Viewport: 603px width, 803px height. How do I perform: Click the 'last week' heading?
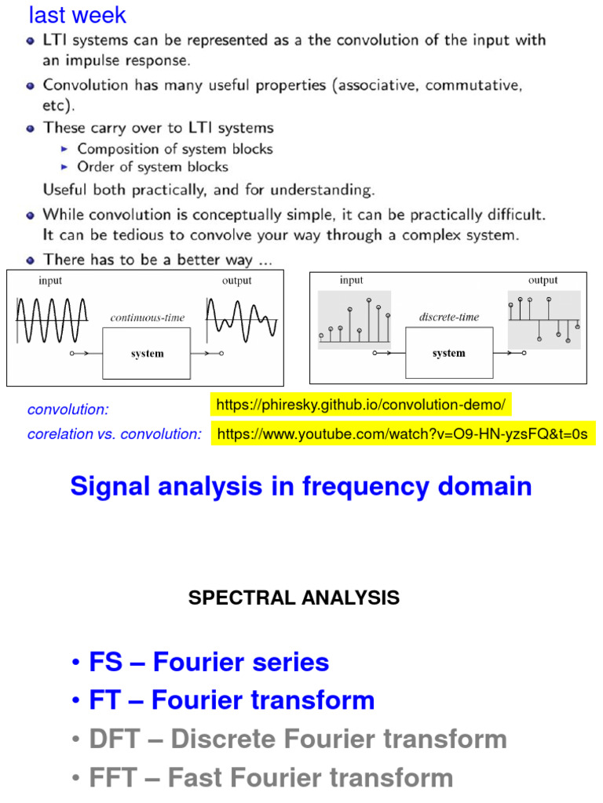coord(77,15)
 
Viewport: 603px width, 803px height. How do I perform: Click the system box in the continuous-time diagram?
coord(147,354)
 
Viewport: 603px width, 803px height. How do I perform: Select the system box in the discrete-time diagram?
coord(448,354)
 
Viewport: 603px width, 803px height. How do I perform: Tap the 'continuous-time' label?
coord(147,318)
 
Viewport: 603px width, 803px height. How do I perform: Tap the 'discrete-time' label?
coord(448,318)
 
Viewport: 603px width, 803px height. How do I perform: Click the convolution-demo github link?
coord(361,405)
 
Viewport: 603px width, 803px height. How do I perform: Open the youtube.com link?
coord(402,434)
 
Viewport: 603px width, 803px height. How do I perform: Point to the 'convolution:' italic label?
coord(68,409)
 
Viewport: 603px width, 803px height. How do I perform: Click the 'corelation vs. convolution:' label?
coord(115,434)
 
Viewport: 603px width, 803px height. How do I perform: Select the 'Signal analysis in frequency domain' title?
coord(301,486)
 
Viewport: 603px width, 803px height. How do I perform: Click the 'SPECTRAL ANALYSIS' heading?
coord(294,598)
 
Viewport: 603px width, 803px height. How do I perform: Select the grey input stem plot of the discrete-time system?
coord(354,320)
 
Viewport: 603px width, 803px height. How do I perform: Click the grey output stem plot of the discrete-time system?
coord(544,320)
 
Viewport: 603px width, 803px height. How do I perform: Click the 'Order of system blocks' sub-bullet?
coord(152,167)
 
